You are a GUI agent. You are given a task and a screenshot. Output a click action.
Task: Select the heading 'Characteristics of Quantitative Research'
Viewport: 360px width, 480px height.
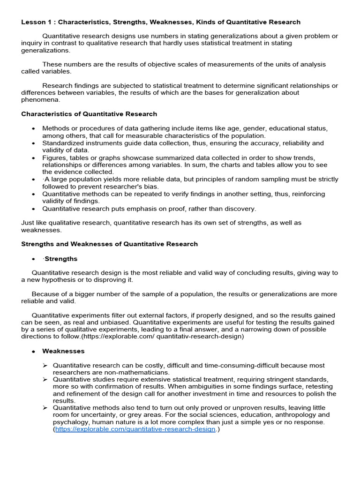click(x=89, y=114)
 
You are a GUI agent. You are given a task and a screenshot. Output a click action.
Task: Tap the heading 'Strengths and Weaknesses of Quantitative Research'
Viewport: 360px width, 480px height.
click(x=109, y=244)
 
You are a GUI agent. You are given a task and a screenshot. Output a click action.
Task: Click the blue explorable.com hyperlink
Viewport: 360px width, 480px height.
click(x=135, y=429)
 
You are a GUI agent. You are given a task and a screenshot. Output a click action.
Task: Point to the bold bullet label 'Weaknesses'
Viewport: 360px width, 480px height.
click(x=63, y=351)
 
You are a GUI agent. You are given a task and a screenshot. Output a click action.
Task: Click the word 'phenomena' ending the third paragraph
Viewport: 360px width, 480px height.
click(x=41, y=99)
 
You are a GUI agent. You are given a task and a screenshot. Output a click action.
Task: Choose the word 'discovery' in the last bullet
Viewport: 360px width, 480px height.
click(x=240, y=209)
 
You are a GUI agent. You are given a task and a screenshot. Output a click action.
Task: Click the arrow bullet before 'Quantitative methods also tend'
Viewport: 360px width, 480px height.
click(x=45, y=408)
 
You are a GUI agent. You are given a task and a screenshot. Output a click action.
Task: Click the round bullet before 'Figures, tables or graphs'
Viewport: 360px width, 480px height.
click(x=33, y=157)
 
